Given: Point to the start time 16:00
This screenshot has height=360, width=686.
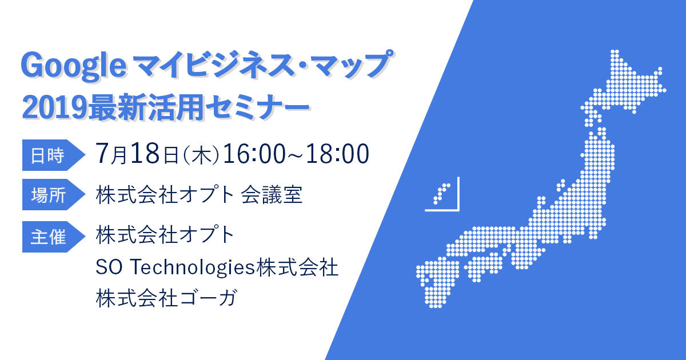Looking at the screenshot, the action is pos(254,154).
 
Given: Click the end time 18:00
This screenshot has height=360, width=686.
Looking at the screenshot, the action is pos(338,154).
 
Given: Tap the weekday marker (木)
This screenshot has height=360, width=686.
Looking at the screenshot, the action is pos(201,155).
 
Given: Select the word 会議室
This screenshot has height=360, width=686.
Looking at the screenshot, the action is pos(272,195).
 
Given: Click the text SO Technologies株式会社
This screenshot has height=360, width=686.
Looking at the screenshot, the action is pos(217,267).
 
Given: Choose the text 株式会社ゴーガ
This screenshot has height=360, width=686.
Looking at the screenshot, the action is pos(166,298).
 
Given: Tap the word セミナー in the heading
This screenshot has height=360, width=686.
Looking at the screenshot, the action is pos(258,108).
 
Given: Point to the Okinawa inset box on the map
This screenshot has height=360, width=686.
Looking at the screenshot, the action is pos(442,194).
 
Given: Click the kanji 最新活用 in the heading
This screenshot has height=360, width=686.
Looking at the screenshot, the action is pos(146,107).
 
